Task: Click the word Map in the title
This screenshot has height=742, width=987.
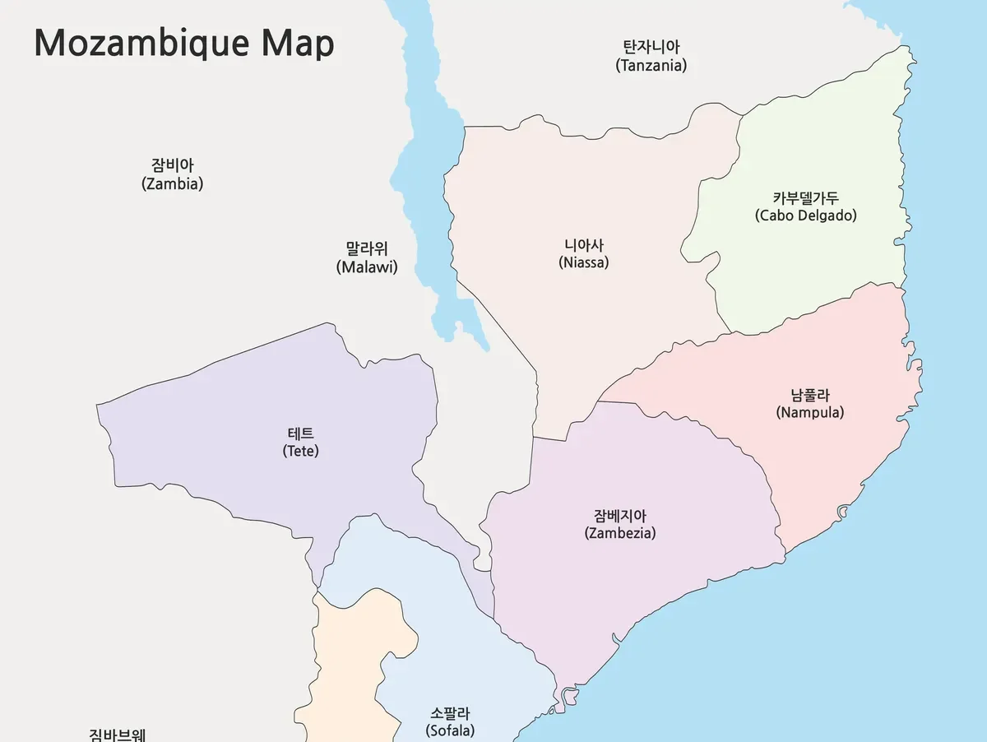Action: coord(298,43)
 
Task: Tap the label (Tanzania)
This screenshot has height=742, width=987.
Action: coord(651,66)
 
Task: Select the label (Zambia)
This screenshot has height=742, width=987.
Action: coord(172,184)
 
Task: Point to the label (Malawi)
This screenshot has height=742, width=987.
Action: coord(367,267)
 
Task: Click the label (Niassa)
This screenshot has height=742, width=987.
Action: coord(583,263)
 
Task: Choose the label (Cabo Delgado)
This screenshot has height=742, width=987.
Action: coord(805,216)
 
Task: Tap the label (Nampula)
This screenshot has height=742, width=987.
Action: coord(809,413)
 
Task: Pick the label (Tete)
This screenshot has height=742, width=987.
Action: coord(300,452)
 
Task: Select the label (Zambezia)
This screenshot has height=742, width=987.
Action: coord(619,533)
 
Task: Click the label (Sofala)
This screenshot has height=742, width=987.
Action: coord(450,730)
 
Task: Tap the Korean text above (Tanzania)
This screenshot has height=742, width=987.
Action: coord(651,47)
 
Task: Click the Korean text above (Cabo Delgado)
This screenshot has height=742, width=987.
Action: coord(805,197)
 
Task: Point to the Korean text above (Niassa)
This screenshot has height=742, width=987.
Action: coord(583,245)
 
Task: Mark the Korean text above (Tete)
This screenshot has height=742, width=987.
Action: coord(300,434)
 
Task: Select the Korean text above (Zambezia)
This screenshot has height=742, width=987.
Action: coord(619,516)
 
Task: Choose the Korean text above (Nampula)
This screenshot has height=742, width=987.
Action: coord(809,395)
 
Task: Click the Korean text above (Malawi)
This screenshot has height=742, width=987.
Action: coord(367,248)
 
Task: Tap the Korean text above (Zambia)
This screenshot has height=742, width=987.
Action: coord(172,166)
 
